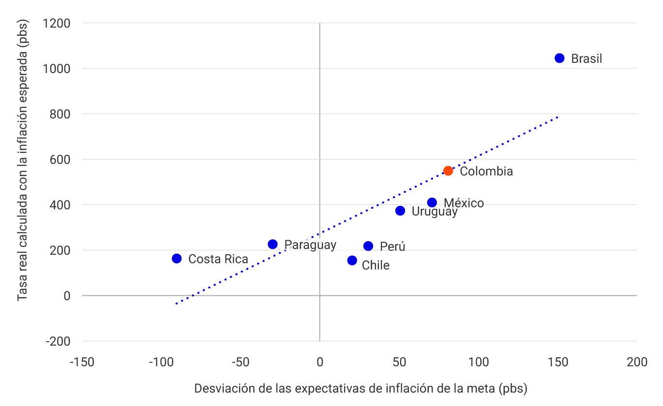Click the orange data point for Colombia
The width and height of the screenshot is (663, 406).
click(x=448, y=171)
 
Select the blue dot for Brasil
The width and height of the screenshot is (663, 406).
click(x=559, y=58)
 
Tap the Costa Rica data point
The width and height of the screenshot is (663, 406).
click(x=177, y=259)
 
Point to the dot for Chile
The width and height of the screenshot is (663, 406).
click(x=352, y=261)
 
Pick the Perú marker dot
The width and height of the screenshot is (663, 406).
click(x=368, y=246)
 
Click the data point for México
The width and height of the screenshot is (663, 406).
click(x=432, y=203)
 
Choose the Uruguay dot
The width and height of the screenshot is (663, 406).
click(x=400, y=211)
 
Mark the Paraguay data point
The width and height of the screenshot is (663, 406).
click(x=272, y=244)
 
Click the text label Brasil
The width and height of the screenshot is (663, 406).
click(x=587, y=59)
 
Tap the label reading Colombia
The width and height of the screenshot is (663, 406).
click(x=486, y=172)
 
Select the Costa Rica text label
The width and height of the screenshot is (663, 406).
click(x=218, y=260)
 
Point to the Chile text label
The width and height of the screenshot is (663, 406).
click(x=376, y=265)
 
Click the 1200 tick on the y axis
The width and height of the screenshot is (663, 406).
click(x=57, y=23)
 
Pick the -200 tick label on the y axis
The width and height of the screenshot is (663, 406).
click(x=58, y=341)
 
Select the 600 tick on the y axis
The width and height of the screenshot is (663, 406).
click(x=60, y=159)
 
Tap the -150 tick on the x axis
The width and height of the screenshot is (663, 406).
click(x=82, y=362)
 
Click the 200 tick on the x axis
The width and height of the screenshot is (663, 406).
click(x=636, y=362)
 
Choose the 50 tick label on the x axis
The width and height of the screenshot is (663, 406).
click(x=399, y=362)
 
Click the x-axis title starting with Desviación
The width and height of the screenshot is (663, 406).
click(x=360, y=389)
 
